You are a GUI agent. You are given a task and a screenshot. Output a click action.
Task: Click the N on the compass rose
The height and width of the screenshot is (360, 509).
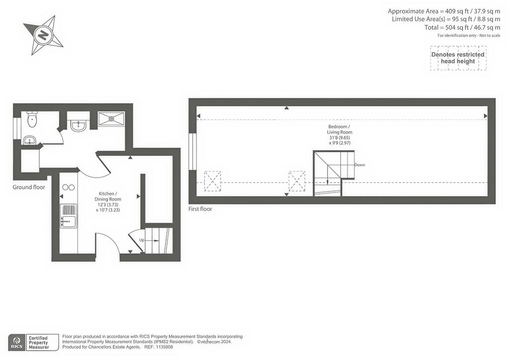(x=43, y=35)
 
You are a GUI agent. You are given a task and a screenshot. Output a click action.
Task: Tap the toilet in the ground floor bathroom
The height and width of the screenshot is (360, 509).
(x=32, y=119)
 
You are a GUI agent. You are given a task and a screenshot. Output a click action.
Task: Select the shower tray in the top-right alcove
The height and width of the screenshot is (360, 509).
(x=111, y=119)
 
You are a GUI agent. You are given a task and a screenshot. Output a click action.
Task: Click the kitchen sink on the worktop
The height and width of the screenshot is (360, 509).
(x=68, y=216)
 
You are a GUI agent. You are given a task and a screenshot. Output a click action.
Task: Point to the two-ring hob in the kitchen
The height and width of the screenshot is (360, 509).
(x=68, y=187)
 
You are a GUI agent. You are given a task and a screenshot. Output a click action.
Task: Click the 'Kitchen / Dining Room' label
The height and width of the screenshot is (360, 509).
(x=108, y=196)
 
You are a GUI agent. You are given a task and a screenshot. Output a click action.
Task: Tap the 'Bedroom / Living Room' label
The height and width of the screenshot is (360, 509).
(x=339, y=129)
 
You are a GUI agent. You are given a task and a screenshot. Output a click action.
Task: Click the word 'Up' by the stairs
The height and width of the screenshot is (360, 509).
(x=142, y=240)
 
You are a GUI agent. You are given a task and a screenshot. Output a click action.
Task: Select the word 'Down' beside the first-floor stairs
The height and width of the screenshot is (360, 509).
(x=360, y=165)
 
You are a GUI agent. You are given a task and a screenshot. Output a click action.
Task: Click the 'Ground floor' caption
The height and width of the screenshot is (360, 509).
(x=29, y=187)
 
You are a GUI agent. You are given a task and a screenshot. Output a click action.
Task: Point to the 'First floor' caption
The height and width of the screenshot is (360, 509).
(x=200, y=209)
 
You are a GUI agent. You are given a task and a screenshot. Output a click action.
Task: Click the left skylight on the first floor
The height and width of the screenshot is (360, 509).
(x=212, y=181)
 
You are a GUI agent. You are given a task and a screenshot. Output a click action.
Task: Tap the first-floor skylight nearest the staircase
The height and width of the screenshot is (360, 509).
(x=297, y=181)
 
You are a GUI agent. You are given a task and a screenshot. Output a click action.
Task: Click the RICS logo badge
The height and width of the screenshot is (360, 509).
(x=16, y=343)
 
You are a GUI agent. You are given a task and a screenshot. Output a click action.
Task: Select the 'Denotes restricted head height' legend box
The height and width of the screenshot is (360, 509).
(x=458, y=58)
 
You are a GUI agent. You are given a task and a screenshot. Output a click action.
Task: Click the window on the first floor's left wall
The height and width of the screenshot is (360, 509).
(x=193, y=151)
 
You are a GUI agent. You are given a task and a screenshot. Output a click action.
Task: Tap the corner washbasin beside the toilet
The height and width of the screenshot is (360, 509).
(x=29, y=140)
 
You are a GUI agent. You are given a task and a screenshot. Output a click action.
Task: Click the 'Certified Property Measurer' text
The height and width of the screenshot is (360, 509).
(x=38, y=343)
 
